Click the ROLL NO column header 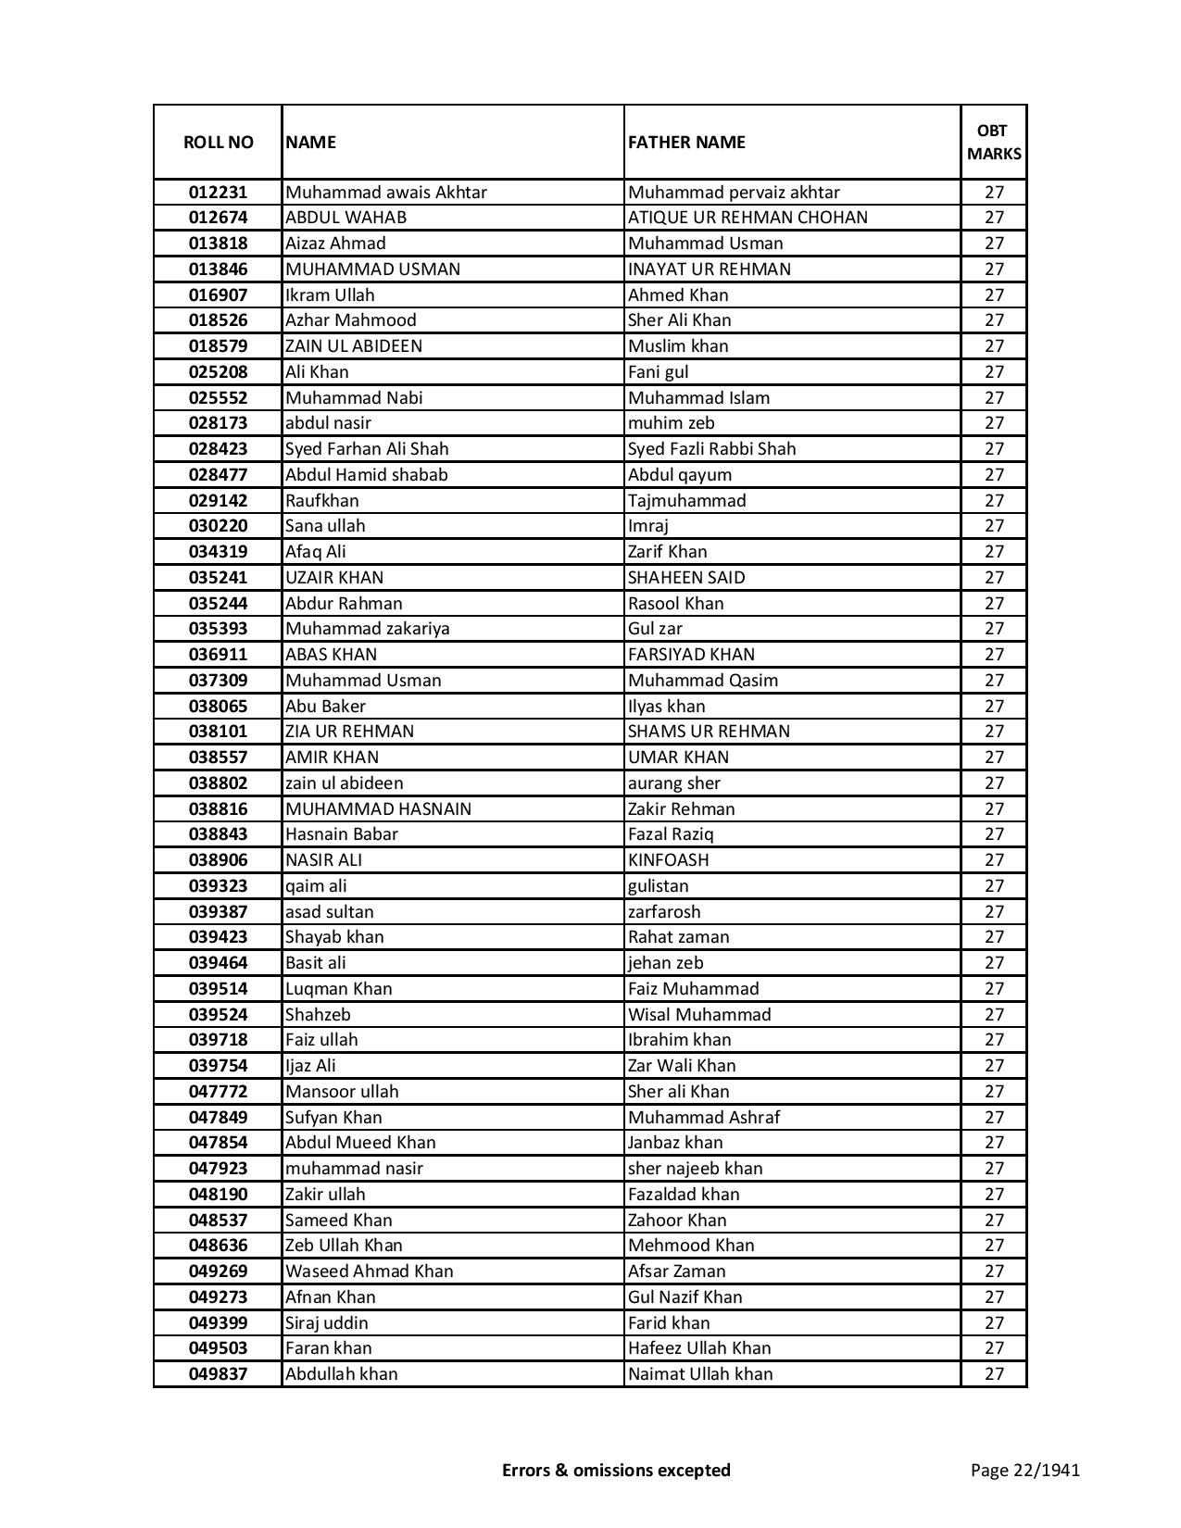pos(218,142)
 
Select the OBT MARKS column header pos(994,142)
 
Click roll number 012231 pos(218,193)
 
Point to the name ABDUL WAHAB pos(346,218)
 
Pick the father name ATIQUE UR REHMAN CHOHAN pos(748,218)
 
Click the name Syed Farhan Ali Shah pos(367,449)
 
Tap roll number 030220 pos(218,526)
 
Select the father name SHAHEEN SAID pos(686,578)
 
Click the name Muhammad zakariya pos(368,629)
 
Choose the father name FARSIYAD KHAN pos(691,655)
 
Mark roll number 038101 pos(218,732)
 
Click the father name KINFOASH pos(668,860)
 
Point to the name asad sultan pos(330,912)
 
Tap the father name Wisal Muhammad pos(699,1015)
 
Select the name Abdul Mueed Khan pos(360,1143)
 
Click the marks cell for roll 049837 pos(994,1374)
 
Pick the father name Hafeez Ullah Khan pos(699,1348)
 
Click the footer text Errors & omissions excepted pos(616,1470)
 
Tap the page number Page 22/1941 pos(1024,1470)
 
